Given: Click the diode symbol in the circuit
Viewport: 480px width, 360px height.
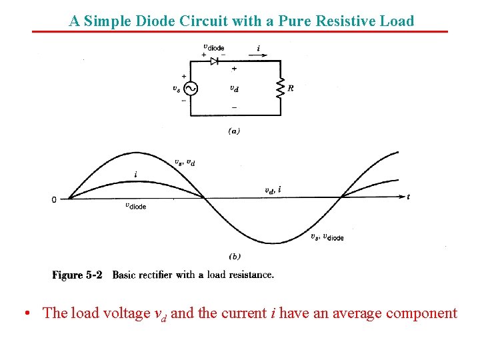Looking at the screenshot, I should point(215,61).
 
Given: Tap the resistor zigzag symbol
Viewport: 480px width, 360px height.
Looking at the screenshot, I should point(280,88).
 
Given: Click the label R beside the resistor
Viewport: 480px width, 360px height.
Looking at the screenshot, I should point(291,88).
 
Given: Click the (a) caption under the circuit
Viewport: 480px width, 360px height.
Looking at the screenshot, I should point(234,131).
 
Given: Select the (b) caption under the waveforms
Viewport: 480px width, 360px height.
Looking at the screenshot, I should point(234,256).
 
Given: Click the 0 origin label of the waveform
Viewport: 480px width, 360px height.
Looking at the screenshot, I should point(54,199).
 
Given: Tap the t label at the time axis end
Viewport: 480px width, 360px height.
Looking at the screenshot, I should point(408,197).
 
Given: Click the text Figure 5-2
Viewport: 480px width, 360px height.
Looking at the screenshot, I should point(77,275).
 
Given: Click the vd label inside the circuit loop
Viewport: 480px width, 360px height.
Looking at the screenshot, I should point(234,88).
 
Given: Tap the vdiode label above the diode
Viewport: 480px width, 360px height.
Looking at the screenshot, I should point(213,47).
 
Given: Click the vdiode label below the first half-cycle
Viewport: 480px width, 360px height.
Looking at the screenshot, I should point(135,206).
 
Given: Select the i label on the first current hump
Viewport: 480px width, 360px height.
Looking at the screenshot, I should point(136,175).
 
